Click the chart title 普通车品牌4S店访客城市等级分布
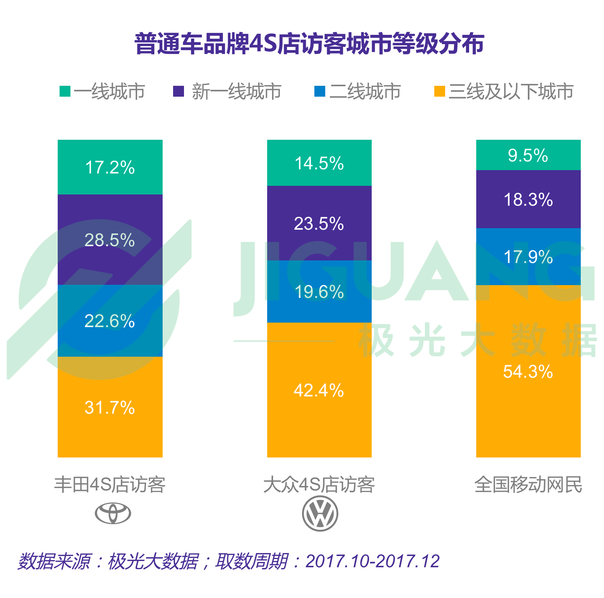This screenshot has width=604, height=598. point(309,44)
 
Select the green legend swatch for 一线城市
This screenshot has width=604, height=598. point(65,91)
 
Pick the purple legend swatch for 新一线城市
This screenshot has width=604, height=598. point(178,91)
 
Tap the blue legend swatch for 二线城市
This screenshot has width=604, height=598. point(320,91)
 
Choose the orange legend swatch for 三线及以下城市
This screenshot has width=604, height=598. point(439,91)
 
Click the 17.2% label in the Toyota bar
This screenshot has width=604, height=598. point(110,167)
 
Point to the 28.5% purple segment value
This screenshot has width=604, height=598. point(110,240)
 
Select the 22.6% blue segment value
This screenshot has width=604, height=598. point(110,321)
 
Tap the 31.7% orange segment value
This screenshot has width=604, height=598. point(110,408)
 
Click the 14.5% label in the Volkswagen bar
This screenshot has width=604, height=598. point(319,163)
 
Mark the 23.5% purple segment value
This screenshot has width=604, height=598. point(319,224)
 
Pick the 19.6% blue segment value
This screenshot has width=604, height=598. point(319,292)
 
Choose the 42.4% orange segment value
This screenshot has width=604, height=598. point(319,390)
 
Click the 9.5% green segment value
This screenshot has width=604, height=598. point(528,155)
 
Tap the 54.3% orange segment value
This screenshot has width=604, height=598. point(528,372)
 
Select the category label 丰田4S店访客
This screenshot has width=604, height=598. point(110,484)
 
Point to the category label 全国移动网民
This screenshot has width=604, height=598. point(528,484)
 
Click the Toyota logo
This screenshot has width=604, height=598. point(113,513)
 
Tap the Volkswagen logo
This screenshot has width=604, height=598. point(320,513)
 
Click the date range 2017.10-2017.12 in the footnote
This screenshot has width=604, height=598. point(372,561)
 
